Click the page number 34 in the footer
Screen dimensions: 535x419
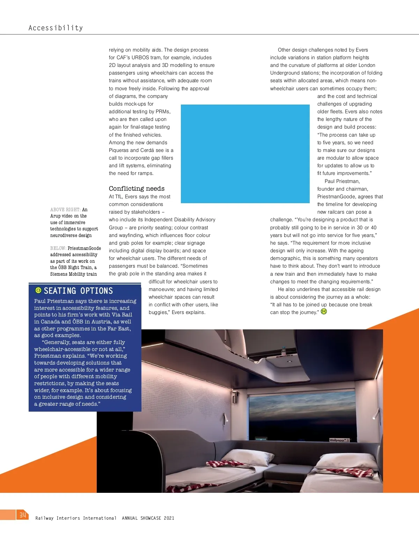click(x=23, y=515)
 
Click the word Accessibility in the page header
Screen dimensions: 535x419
click(x=56, y=28)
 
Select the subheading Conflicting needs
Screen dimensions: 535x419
click(x=137, y=189)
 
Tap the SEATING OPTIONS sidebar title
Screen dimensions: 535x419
click(x=78, y=291)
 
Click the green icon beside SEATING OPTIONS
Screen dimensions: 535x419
click(x=38, y=290)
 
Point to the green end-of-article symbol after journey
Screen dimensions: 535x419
click(x=324, y=312)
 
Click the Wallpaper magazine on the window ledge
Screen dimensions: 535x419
click(x=338, y=440)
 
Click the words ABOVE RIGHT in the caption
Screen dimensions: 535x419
click(x=65, y=209)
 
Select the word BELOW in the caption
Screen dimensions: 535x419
click(x=58, y=248)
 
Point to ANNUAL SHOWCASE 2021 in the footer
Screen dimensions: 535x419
click(x=148, y=518)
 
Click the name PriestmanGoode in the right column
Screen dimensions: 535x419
click(x=335, y=197)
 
